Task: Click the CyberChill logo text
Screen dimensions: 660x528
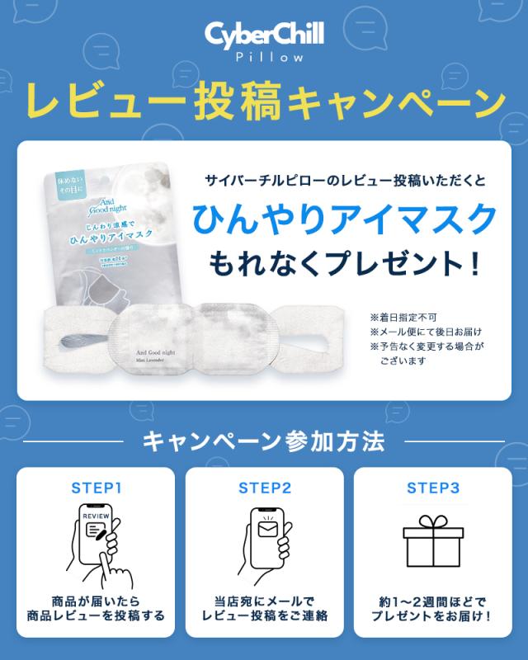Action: pos(264,35)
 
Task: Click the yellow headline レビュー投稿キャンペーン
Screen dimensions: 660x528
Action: pos(264,103)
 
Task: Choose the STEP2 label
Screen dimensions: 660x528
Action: pos(264,487)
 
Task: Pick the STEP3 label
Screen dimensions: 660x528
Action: pos(432,487)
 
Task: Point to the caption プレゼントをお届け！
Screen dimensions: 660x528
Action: pos(432,615)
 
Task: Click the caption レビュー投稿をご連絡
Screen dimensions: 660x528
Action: pos(264,615)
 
